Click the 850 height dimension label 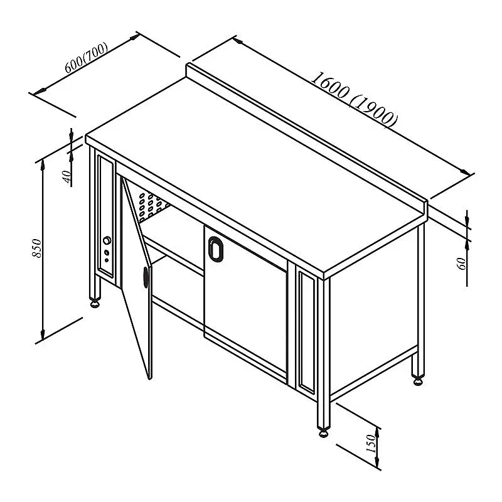pyautogui.click(x=37, y=248)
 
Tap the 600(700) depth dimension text pyautogui.click(x=86, y=58)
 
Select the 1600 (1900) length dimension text pyautogui.click(x=355, y=100)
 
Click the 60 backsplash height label pyautogui.click(x=462, y=263)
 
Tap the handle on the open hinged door pyautogui.click(x=146, y=277)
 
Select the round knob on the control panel pyautogui.click(x=107, y=240)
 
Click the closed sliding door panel pyautogui.click(x=245, y=302)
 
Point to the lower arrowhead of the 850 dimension pyautogui.click(x=42, y=336)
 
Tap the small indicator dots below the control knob pyautogui.click(x=107, y=256)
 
